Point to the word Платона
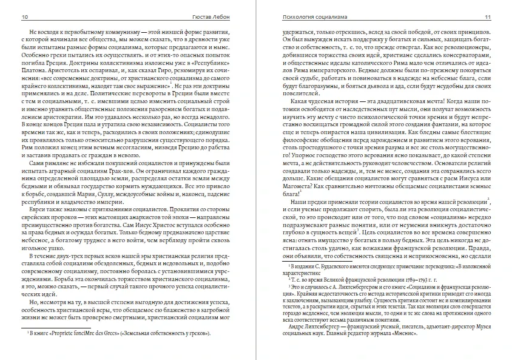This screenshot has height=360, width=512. coord(35,70)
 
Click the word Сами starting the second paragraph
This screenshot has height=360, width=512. coord(39,165)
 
